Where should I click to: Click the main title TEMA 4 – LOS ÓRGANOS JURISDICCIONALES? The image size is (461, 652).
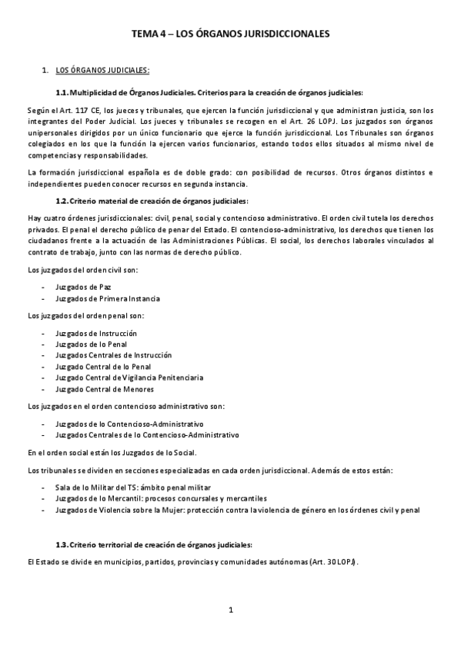click(230, 35)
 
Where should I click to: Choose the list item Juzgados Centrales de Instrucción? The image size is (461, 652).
click(113, 355)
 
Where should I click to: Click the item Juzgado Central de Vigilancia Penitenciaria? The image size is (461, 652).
click(129, 378)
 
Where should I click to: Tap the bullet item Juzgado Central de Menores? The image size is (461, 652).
click(105, 389)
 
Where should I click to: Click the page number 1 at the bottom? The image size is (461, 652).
click(230, 610)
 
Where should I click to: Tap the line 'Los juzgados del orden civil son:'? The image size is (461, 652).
click(83, 270)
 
